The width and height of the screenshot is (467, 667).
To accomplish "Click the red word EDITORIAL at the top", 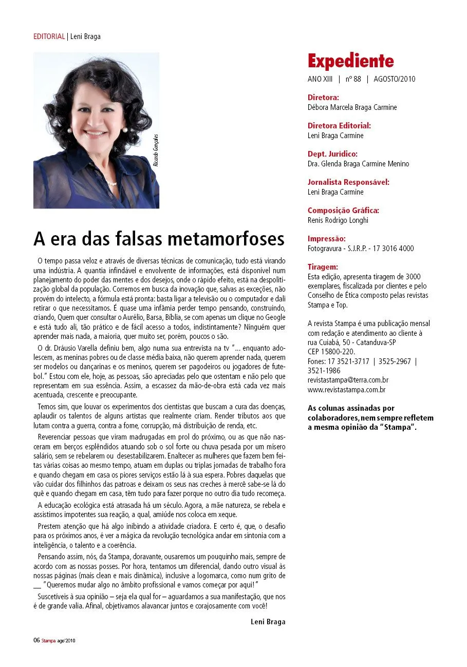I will click(49, 36).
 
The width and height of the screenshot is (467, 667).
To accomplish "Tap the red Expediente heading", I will click(350, 62).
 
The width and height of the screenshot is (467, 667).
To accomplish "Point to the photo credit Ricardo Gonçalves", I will click(156, 150).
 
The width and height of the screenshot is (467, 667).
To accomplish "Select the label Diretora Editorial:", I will click(339, 125).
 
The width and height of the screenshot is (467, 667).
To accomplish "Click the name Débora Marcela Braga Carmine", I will click(352, 107).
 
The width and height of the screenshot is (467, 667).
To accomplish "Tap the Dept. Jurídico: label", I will click(332, 154).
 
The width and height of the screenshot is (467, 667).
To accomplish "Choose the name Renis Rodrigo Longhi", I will click(338, 220).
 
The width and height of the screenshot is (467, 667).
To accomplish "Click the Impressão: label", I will click(326, 238).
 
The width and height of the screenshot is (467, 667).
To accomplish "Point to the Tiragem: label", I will click(323, 267).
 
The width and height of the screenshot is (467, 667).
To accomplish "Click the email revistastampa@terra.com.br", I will click(348, 380).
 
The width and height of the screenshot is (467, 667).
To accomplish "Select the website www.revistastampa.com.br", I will click(346, 390).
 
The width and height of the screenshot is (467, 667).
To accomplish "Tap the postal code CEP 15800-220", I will click(331, 352).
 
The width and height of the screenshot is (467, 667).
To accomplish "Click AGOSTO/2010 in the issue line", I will click(395, 79).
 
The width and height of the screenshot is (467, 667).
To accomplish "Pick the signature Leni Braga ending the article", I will click(268, 621).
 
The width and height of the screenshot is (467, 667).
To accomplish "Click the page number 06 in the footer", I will click(36, 640).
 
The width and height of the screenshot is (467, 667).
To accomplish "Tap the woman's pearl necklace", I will click(112, 183).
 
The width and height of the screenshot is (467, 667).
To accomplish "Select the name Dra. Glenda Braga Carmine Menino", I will click(358, 164).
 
